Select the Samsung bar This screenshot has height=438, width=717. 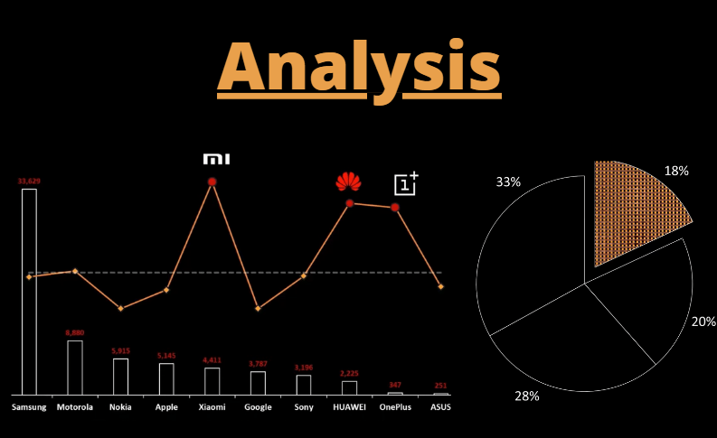tap(29, 291)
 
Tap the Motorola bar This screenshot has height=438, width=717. tap(74, 368)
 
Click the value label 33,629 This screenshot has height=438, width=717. tap(29, 182)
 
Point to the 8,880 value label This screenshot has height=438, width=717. tap(74, 333)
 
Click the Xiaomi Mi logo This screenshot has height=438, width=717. tap(216, 159)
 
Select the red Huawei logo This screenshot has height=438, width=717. tap(348, 182)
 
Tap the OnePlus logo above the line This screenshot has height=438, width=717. tap(406, 183)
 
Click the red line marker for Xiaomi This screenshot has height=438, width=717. tap(212, 182)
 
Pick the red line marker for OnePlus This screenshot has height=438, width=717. tap(395, 207)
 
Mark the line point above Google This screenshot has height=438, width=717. tap(258, 309)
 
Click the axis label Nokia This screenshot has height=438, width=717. tap(120, 407)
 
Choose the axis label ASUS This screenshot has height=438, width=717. tap(440, 407)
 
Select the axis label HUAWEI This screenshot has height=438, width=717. tap(349, 407)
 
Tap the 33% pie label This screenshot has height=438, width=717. tap(508, 182)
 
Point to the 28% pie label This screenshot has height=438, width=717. tap(527, 396)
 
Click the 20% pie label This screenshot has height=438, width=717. tap(703, 321)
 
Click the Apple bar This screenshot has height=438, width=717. tap(166, 378)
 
